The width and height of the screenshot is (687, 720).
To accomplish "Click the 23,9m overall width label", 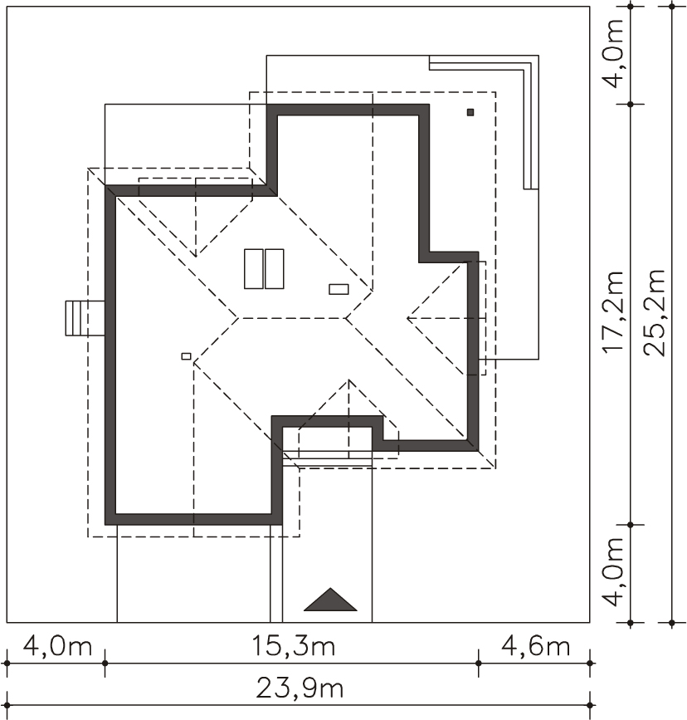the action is point(300,688).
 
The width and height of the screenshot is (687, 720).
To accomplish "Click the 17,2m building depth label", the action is point(614,312).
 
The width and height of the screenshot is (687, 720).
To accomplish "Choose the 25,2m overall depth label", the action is point(654,312).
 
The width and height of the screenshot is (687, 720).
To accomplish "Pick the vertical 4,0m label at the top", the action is point(614,53).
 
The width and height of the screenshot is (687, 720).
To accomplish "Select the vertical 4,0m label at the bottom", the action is point(614,571).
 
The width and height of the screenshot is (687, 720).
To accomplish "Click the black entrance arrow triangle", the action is point(330,600).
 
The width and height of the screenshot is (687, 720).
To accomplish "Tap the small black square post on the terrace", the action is point(470,112).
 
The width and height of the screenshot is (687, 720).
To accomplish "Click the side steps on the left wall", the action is point(85,318).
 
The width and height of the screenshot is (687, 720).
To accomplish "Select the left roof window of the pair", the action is point(253,268).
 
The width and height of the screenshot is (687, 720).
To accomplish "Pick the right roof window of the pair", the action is point(275,268).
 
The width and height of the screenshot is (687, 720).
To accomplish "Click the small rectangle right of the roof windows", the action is point(339,289).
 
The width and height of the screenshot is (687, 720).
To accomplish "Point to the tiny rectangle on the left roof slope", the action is point(187,356).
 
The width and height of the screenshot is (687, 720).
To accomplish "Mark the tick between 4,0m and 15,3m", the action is point(105,663).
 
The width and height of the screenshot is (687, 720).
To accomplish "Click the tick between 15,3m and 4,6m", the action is point(478,663).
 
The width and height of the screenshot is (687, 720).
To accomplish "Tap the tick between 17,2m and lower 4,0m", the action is point(630,524).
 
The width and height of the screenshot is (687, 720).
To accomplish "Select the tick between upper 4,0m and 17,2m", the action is point(630,105).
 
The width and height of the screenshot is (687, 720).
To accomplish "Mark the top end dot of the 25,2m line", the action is point(672,6).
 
